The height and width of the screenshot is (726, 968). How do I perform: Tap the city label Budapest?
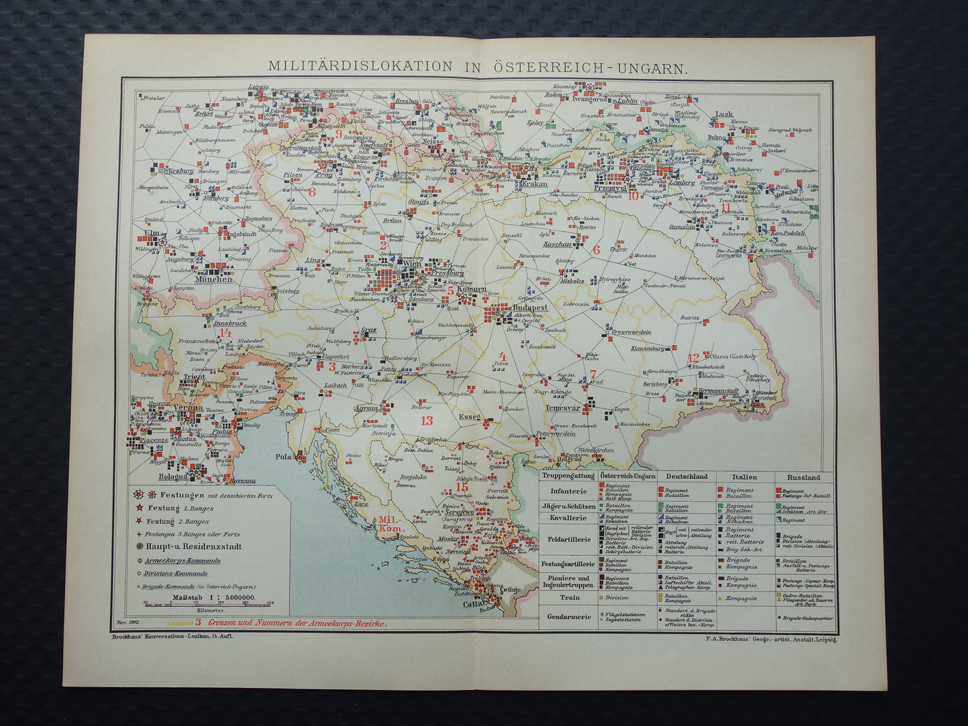click(x=530, y=307)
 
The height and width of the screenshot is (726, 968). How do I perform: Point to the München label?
click(x=214, y=279)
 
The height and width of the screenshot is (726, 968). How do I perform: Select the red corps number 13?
click(x=427, y=421)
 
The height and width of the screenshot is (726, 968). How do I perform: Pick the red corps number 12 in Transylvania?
click(x=693, y=358)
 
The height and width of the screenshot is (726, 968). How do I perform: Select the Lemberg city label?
click(x=683, y=182)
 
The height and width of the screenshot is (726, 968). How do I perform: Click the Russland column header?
click(x=804, y=478)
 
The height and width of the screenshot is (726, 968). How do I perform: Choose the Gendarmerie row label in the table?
click(x=568, y=616)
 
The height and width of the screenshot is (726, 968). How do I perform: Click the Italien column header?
click(x=744, y=478)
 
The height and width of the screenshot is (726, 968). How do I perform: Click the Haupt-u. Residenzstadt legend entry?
click(x=186, y=547)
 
